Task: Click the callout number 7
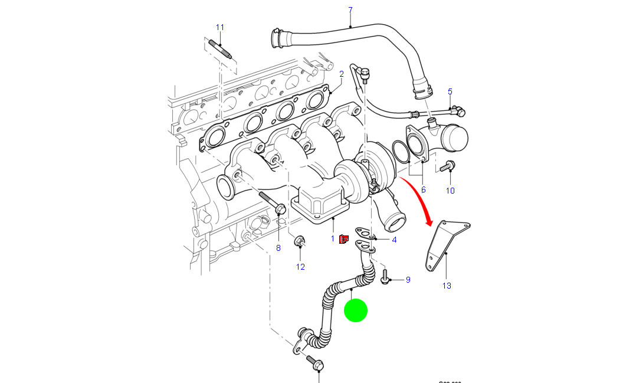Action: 350,10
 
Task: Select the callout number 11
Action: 220,27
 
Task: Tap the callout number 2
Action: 341,74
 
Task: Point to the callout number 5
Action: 450,91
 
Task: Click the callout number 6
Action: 423,189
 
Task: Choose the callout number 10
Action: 450,190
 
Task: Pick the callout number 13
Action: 447,286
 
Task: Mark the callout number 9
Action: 408,279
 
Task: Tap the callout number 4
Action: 394,240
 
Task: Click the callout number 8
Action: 278,248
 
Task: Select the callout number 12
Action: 300,267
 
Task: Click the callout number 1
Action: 333,238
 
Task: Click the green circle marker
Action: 356,310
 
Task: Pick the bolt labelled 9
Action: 385,277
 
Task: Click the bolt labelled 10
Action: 447,166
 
